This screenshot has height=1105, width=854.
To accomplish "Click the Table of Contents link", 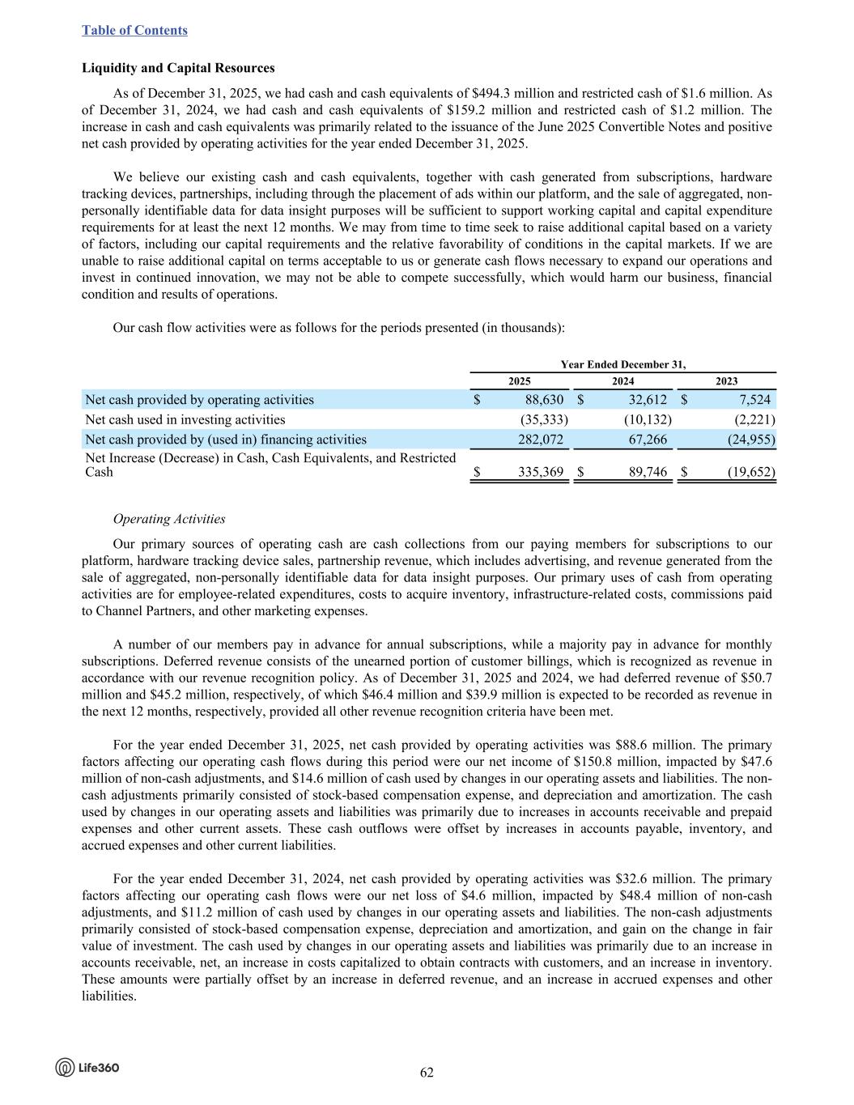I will coord(134,30).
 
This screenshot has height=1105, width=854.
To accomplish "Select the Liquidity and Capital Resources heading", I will coord(178,68).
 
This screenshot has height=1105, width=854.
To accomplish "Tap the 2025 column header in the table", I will coord(520,381).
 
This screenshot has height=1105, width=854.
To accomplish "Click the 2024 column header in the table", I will coord(622,381).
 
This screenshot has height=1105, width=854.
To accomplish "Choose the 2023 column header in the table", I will coord(726,381).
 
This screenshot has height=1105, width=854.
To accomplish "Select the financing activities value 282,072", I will coord(541,440).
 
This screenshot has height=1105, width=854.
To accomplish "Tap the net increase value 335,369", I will coord(541,472).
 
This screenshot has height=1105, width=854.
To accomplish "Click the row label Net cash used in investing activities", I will coord(185,419).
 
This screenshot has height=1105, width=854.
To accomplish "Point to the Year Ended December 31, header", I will coord(623,364).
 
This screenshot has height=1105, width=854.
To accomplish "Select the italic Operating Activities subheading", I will coord(169,519).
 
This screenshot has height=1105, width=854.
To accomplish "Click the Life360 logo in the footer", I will coord(87,1068).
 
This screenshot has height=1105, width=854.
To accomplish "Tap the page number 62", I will coord(427,1073).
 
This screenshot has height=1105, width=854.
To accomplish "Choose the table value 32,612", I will coord(647,399).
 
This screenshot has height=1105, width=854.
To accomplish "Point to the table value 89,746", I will coord(647,472).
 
